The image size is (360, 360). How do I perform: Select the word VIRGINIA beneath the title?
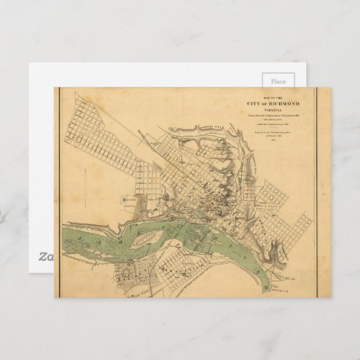272,109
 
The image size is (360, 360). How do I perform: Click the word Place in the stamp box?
278,80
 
